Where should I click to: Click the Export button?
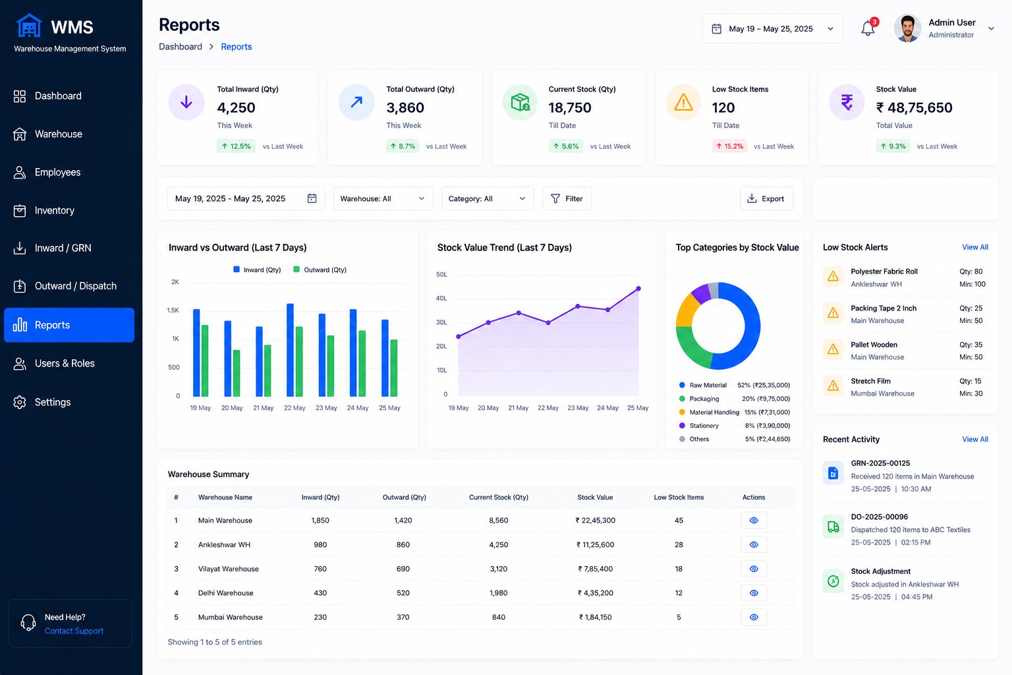click(x=766, y=198)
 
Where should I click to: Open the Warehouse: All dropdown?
click(x=383, y=198)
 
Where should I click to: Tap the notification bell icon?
click(x=868, y=28)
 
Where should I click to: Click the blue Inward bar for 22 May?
click(x=290, y=350)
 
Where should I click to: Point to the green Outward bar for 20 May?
click(x=237, y=373)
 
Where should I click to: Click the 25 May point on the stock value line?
click(x=638, y=289)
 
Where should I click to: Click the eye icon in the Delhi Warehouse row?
click(x=754, y=593)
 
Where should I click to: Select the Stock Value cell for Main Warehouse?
click(x=596, y=520)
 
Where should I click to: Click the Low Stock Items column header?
click(x=679, y=497)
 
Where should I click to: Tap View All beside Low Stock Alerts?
click(x=975, y=247)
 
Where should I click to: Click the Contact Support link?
click(x=74, y=631)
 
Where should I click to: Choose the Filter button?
click(x=567, y=198)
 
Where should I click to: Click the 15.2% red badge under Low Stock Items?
click(x=729, y=146)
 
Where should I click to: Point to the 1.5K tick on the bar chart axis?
click(x=173, y=310)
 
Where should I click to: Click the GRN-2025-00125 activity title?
click(x=880, y=463)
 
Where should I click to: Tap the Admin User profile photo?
click(x=908, y=28)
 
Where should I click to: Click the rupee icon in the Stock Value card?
click(x=847, y=102)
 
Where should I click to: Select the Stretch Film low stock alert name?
click(x=870, y=381)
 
